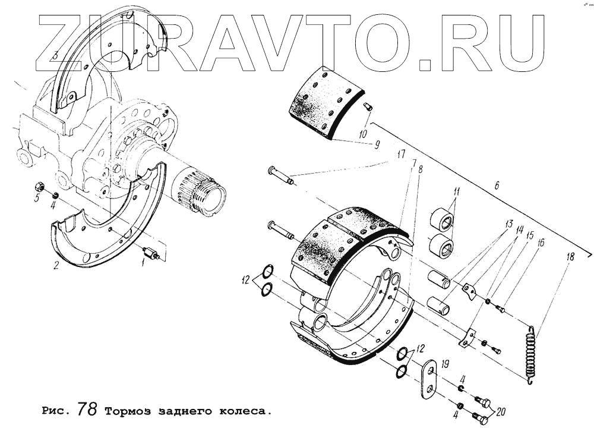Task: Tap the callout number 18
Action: (x=570, y=257)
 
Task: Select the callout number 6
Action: (x=497, y=185)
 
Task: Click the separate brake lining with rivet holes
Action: (x=324, y=104)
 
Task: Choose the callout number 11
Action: (x=456, y=191)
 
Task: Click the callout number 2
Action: (x=56, y=266)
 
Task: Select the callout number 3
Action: (x=55, y=56)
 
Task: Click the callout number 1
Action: (x=143, y=262)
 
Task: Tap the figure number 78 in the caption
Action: (x=91, y=410)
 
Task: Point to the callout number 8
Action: (x=421, y=170)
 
